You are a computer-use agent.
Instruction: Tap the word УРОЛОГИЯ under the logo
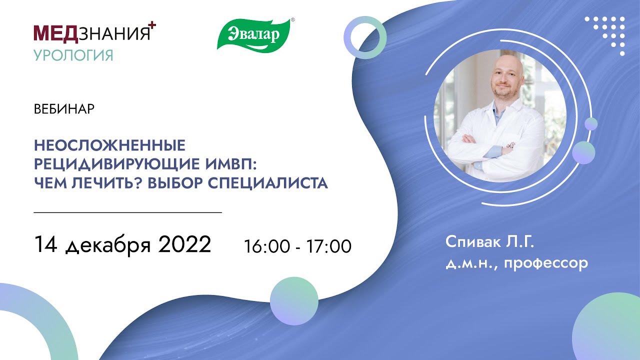(x=73, y=54)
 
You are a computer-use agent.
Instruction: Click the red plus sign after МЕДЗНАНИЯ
(x=153, y=26)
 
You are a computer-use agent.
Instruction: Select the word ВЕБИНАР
(x=64, y=109)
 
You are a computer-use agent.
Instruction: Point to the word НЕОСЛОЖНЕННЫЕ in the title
(x=109, y=146)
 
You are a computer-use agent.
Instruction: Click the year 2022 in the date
(x=185, y=245)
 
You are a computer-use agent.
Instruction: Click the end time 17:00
(x=328, y=246)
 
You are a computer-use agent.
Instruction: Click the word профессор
(x=546, y=263)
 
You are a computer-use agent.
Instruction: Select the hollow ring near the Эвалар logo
(x=365, y=37)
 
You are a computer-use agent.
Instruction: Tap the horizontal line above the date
(x=127, y=212)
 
